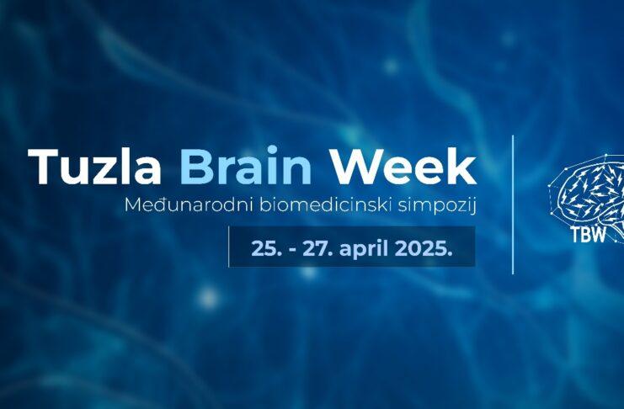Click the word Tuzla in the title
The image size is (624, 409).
click(x=94, y=167)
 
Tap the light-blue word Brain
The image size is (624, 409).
click(x=246, y=166)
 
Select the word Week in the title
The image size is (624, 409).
click(x=404, y=166)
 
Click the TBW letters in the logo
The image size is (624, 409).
click(x=589, y=234)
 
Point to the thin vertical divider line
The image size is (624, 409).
click(x=513, y=204)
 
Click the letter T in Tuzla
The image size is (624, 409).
click(x=44, y=167)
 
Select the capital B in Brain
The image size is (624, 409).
click(x=195, y=167)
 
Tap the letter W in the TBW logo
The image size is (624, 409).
click(x=599, y=234)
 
